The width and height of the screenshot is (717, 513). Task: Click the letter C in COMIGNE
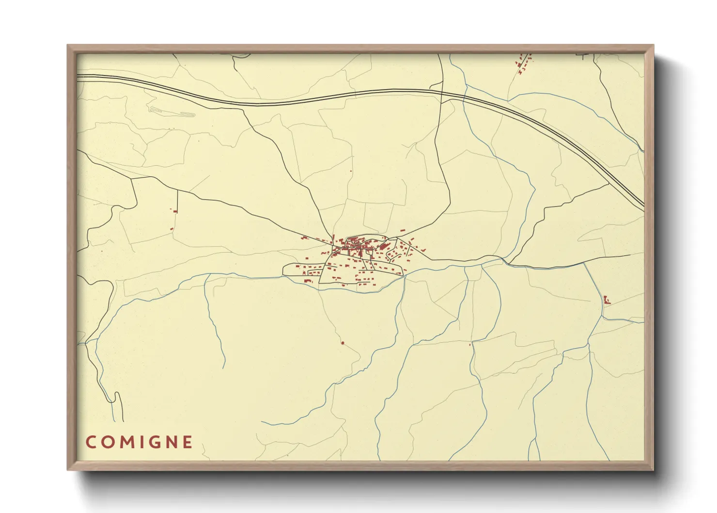91,442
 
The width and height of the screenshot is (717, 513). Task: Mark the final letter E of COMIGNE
187,442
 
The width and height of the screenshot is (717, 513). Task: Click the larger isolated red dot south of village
343,343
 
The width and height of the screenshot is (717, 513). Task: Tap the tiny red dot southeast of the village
470,345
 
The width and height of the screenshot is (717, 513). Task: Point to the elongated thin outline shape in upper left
172,112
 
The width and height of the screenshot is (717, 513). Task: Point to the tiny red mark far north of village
351,171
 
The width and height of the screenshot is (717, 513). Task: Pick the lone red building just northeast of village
402,230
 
